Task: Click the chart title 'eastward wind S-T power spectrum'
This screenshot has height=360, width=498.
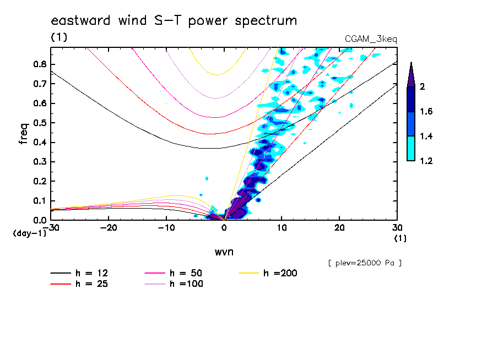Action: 174,21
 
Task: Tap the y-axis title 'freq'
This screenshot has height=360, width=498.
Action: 24,133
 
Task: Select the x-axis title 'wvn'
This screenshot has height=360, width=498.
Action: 224,252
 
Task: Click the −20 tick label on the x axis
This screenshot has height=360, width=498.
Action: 109,227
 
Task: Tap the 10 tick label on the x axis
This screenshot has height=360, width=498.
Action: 282,227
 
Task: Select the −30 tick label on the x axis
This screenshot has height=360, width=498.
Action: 51,227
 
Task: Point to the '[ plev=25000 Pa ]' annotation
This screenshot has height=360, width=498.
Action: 364,263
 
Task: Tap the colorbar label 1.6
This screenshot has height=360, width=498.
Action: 425,112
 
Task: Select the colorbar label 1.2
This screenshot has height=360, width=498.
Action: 425,161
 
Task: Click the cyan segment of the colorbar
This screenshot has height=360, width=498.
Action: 410,149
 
